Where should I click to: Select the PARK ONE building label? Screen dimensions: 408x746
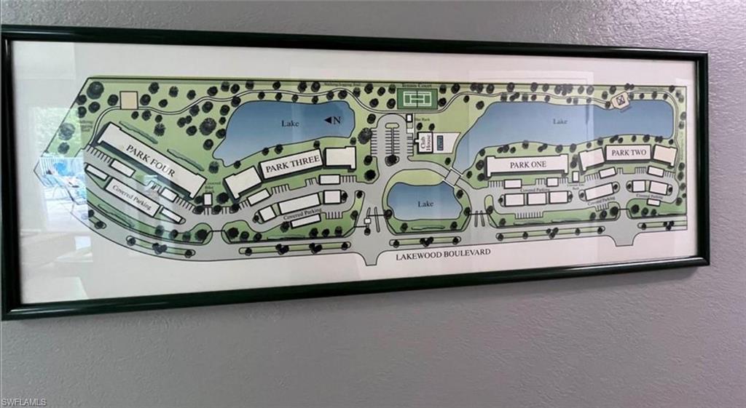click(x=527, y=164)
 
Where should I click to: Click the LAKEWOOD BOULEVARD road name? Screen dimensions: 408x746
click(x=435, y=252)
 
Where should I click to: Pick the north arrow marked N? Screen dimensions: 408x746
click(x=330, y=120)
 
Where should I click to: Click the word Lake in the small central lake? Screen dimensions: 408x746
click(x=425, y=205)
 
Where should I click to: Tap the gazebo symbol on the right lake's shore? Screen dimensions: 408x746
click(x=621, y=100)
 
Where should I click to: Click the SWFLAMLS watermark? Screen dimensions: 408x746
click(x=24, y=401)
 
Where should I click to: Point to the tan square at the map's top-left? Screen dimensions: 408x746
click(x=129, y=100)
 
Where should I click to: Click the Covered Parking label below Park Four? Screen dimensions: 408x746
click(x=133, y=196)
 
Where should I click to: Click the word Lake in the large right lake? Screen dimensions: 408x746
click(x=559, y=121)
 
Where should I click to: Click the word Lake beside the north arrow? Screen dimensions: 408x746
click(x=290, y=124)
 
